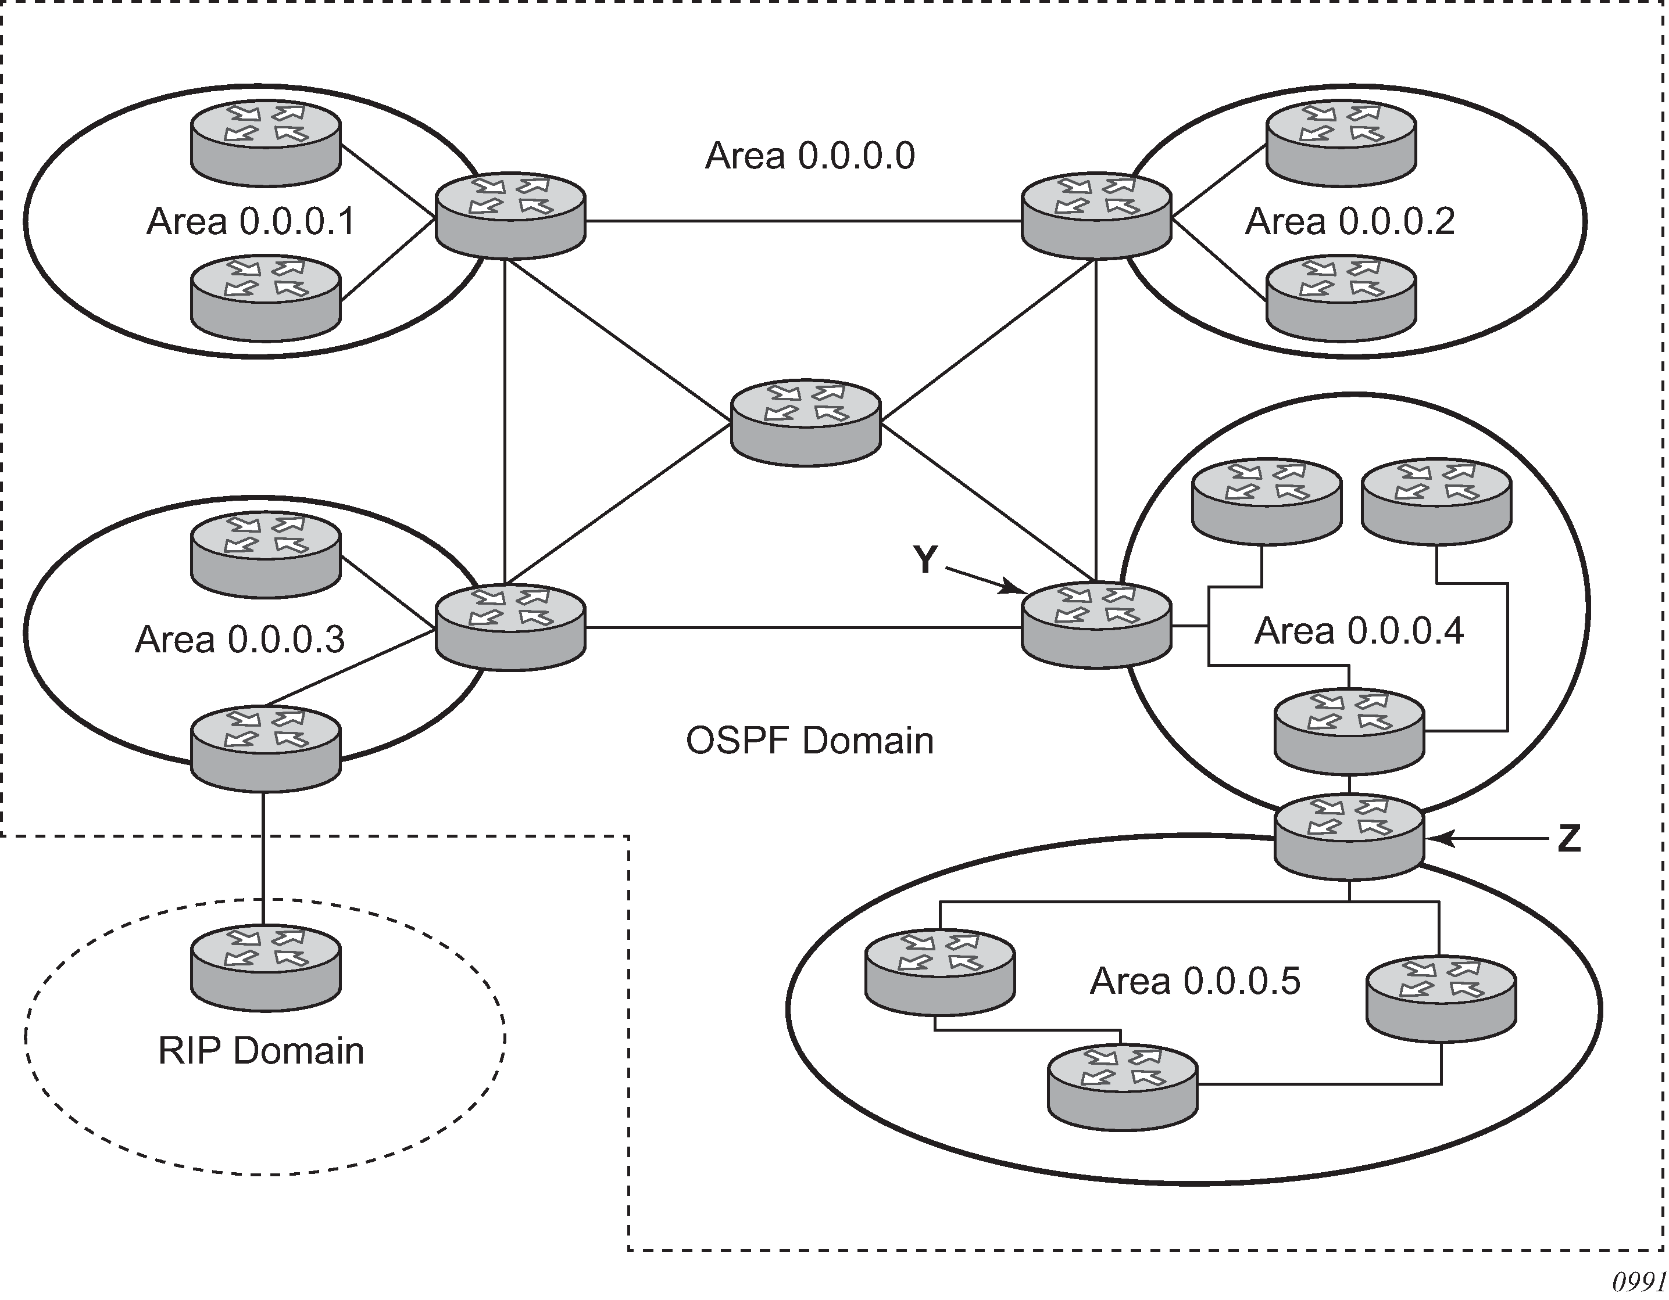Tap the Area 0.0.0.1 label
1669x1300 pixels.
251,221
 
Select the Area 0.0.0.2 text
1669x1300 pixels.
1350,221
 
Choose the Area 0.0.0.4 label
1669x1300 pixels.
1359,631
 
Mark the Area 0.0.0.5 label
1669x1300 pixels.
1195,982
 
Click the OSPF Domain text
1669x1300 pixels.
809,741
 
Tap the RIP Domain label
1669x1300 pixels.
260,1051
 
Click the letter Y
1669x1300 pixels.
925,561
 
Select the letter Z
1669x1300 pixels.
1569,839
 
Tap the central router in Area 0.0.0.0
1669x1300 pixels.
806,422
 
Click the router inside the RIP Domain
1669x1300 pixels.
265,968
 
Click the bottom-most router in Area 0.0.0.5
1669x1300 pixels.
1123,1089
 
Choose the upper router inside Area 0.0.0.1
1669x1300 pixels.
265,143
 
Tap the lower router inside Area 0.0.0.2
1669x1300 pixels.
1341,298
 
